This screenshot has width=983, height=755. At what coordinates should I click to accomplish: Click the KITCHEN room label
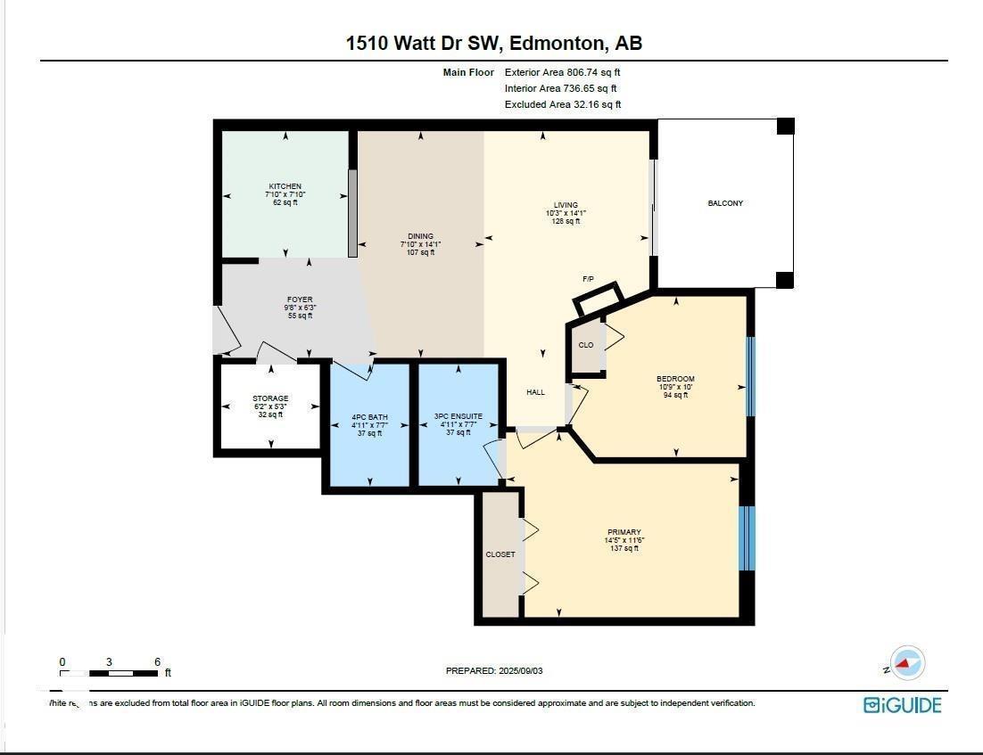tap(285, 187)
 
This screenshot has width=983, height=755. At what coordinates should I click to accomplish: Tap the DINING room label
tap(420, 237)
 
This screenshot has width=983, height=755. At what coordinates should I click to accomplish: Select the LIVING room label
tap(565, 205)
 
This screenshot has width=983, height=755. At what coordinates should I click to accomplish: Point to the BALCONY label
tap(725, 203)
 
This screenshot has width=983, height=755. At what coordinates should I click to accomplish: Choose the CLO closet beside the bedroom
tap(586, 346)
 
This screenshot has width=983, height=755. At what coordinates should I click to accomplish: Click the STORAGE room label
tap(270, 398)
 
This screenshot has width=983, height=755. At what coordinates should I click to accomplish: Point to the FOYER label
tap(300, 300)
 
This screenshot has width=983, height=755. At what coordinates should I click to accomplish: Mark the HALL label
tap(535, 392)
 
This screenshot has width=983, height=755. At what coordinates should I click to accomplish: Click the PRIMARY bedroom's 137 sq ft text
tap(623, 548)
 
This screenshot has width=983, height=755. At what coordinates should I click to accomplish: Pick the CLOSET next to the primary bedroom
tap(500, 554)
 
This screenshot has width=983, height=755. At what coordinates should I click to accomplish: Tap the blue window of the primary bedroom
tap(748, 538)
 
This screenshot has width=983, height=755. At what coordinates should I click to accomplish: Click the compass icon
tap(907, 663)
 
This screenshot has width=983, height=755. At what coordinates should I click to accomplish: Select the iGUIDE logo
tap(902, 705)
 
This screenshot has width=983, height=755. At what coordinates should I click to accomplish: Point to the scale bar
tap(109, 672)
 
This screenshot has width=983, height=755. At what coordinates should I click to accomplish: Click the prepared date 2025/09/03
tap(493, 670)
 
